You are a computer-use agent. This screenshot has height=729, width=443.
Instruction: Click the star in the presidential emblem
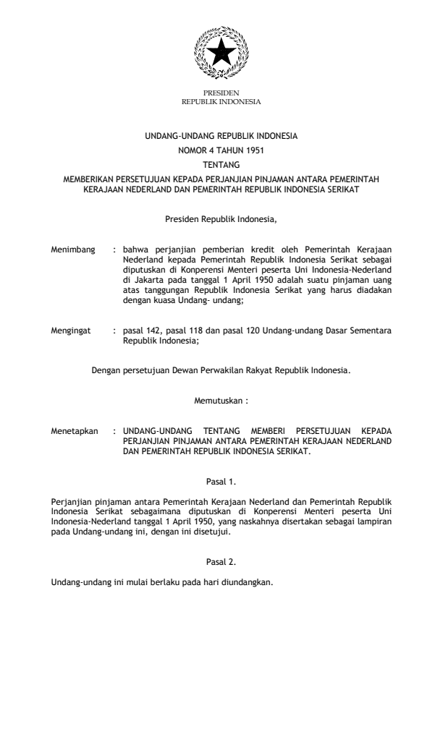[x=221, y=52]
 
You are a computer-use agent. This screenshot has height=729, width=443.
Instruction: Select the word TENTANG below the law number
[x=221, y=164]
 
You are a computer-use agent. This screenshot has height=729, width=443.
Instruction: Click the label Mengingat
[x=71, y=331]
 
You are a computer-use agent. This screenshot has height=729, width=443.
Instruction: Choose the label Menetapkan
[x=74, y=430]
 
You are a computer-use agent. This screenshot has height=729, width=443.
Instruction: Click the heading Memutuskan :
[x=221, y=399]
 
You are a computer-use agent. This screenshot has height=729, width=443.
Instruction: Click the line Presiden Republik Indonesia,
[x=221, y=218]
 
